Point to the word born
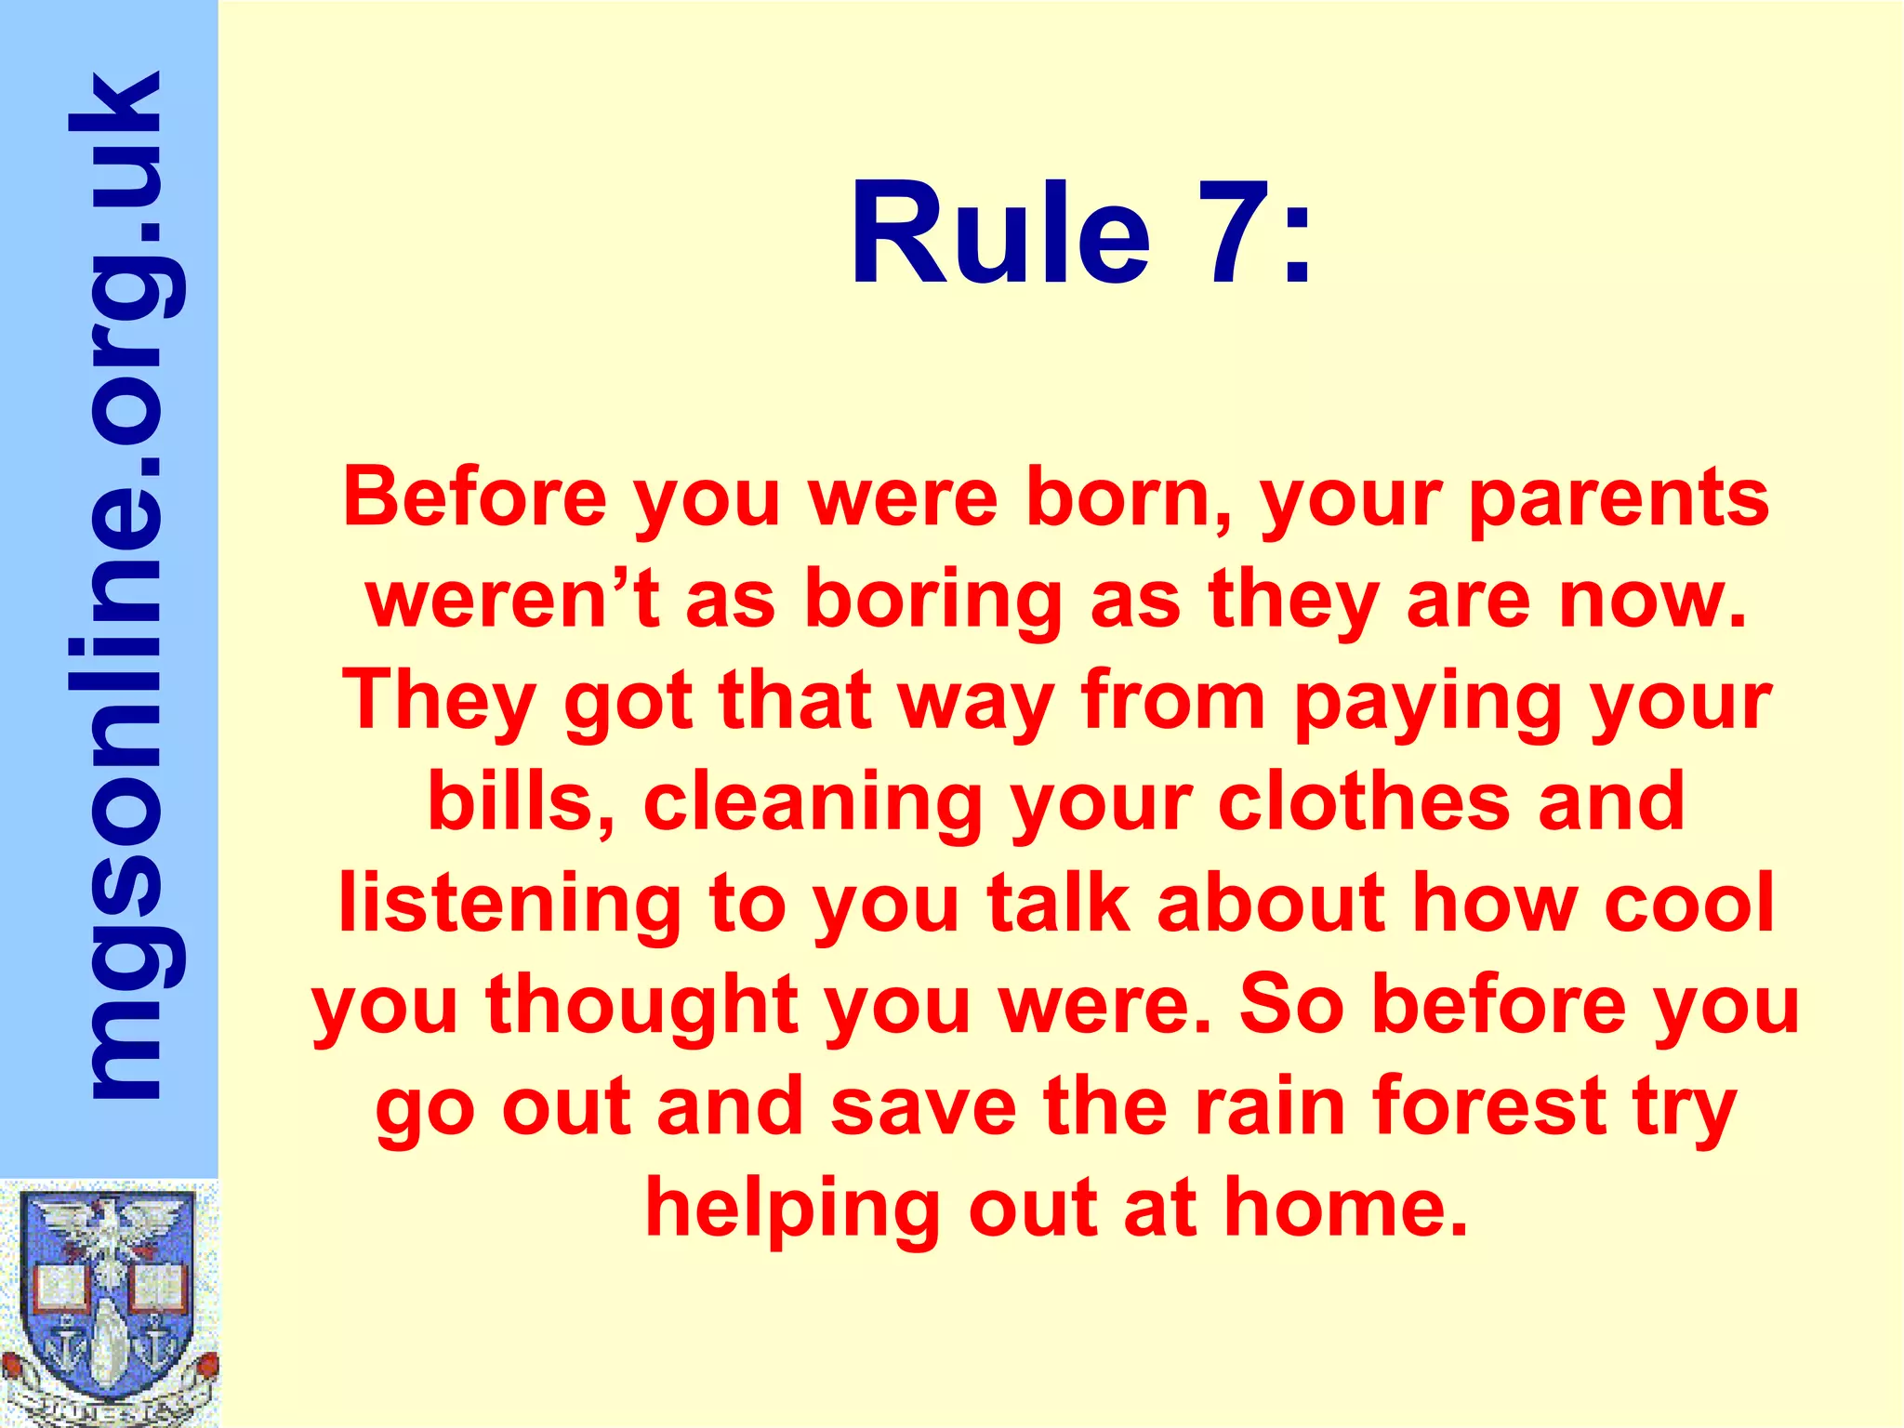[1129, 499]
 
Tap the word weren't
[512, 600]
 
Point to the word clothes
[1363, 801]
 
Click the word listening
[509, 906]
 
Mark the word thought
[641, 1007]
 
